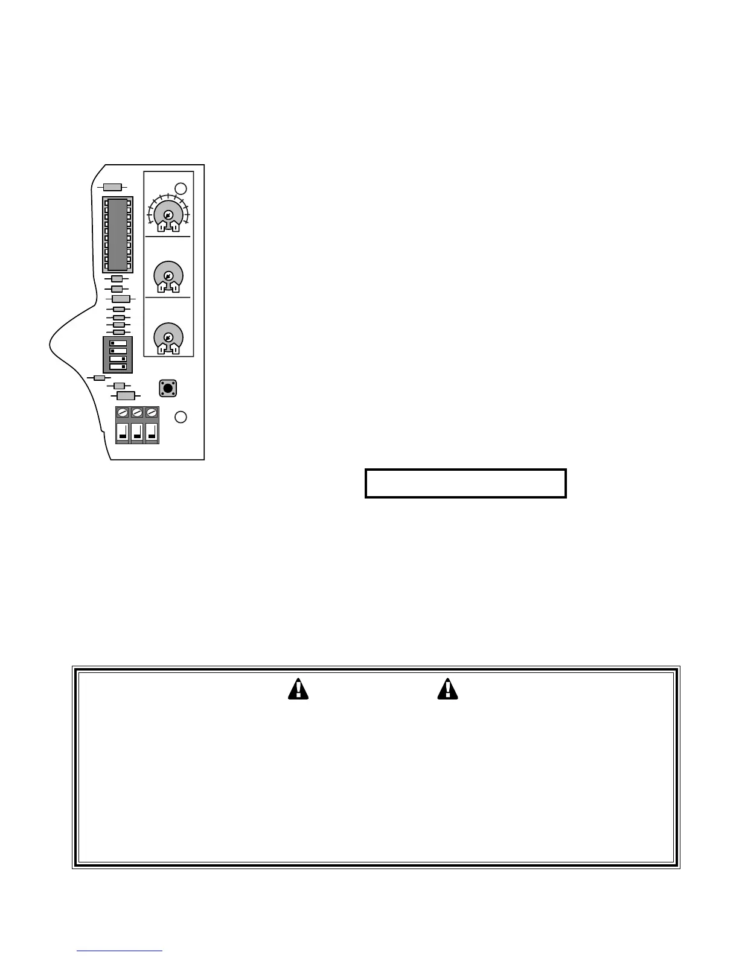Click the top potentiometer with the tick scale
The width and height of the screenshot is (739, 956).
tap(168, 215)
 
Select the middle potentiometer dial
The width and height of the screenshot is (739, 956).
tap(168, 276)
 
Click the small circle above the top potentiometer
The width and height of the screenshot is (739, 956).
tap(181, 188)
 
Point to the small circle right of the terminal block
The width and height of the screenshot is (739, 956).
tap(181, 416)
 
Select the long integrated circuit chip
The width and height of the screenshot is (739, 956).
tap(118, 234)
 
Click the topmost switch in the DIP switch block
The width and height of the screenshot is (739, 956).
tap(118, 343)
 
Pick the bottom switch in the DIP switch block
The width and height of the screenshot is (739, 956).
tap(118, 366)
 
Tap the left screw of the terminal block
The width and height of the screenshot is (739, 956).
tap(123, 412)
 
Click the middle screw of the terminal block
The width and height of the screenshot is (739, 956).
tap(137, 412)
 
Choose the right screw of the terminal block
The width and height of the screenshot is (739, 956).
tap(152, 412)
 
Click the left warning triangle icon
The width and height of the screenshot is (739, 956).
tap(298, 689)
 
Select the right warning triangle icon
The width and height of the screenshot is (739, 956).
tap(447, 689)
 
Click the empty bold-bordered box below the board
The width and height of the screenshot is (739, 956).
tap(465, 483)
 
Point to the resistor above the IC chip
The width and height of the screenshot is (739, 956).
tap(113, 187)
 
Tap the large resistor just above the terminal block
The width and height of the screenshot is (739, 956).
tap(126, 396)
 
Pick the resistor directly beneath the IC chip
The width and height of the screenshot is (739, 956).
tap(117, 279)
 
